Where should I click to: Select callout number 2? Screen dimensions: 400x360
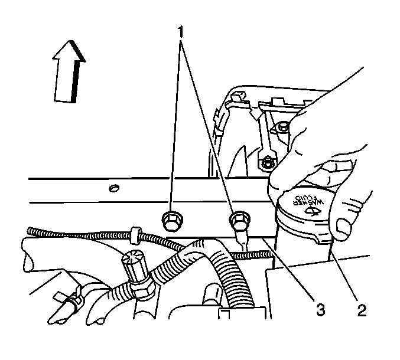click(x=362, y=310)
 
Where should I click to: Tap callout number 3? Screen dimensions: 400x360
click(x=320, y=310)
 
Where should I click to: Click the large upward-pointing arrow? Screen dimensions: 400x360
click(x=69, y=72)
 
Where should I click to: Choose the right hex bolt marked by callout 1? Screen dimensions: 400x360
click(x=239, y=220)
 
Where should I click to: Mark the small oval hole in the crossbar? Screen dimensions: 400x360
click(x=114, y=188)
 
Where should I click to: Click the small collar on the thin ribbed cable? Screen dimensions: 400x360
click(x=135, y=234)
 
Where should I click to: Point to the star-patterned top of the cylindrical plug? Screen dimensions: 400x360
click(x=133, y=258)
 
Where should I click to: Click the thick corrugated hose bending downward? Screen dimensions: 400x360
click(x=222, y=270)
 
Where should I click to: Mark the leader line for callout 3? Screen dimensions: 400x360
click(x=288, y=267)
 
